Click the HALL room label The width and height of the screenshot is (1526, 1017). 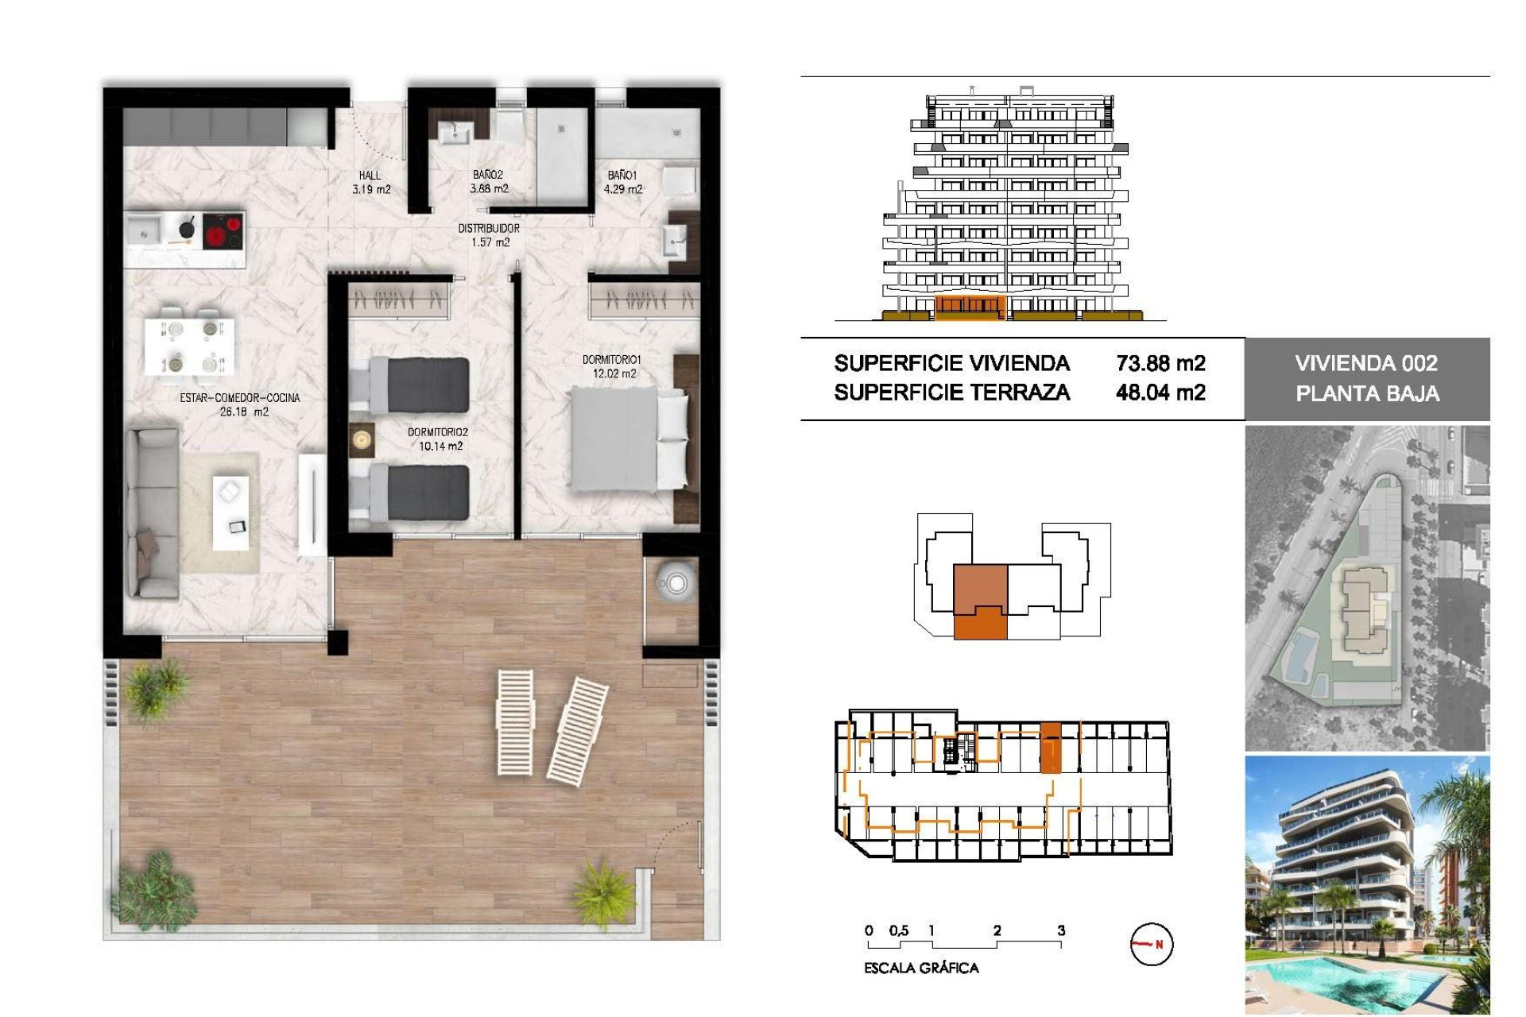(x=370, y=176)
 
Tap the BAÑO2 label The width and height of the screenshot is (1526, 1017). (x=488, y=175)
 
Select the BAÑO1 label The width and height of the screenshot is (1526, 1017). (x=622, y=175)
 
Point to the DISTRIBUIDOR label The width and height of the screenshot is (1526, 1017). (x=489, y=229)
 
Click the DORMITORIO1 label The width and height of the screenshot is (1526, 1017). (x=611, y=360)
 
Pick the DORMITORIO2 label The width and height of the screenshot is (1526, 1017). (x=438, y=432)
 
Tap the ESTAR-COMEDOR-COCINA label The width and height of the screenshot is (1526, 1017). (x=240, y=398)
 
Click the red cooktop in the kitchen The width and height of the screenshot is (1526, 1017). (x=223, y=232)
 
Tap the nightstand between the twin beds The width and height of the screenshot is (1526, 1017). (x=362, y=439)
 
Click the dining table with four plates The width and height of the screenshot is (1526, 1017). (x=191, y=346)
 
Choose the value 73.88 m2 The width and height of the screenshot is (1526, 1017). (x=1160, y=363)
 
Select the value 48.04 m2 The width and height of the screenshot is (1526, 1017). (x=1160, y=392)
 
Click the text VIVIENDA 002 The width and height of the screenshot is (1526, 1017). (x=1366, y=363)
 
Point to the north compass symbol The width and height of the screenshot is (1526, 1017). (x=1151, y=944)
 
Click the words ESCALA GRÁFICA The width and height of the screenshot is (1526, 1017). (x=921, y=968)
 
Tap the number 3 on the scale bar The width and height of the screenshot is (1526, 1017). (x=1061, y=930)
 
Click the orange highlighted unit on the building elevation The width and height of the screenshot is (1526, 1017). (x=970, y=307)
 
